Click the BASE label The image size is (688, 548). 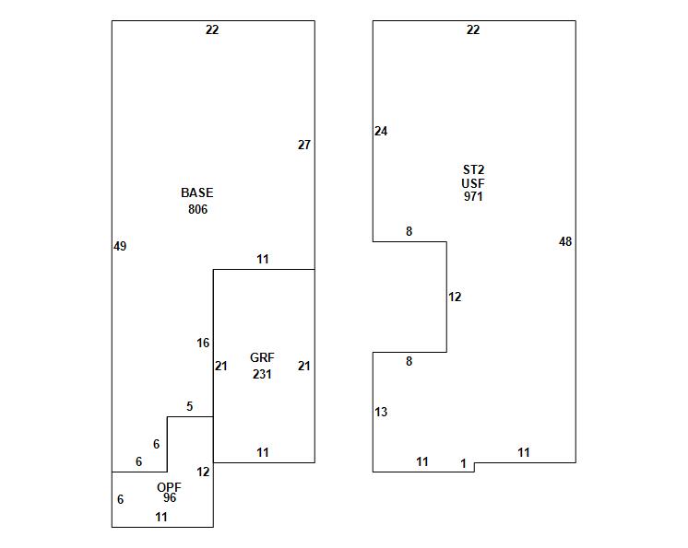pyautogui.click(x=196, y=192)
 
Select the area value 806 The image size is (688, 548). pyautogui.click(x=197, y=209)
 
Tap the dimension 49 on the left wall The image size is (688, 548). pyautogui.click(x=120, y=246)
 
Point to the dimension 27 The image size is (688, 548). pyautogui.click(x=304, y=145)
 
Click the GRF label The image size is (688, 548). pyautogui.click(x=262, y=357)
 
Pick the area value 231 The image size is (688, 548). pyautogui.click(x=262, y=374)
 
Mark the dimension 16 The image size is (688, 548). pyautogui.click(x=203, y=344)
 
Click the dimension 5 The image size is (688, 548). pyautogui.click(x=190, y=406)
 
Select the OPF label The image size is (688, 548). pyautogui.click(x=169, y=487)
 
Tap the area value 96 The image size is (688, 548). pyautogui.click(x=170, y=498)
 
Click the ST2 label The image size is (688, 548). pyautogui.click(x=473, y=169)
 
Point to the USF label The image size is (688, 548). pyautogui.click(x=473, y=183)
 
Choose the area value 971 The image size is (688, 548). pyautogui.click(x=473, y=196)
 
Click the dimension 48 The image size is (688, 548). pyautogui.click(x=565, y=241)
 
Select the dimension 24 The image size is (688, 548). pyautogui.click(x=381, y=131)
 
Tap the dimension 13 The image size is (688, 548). pyautogui.click(x=381, y=412)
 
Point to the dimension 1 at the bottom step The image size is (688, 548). pyautogui.click(x=464, y=464)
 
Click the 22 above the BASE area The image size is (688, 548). pyautogui.click(x=212, y=29)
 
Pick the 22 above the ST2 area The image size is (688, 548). pyautogui.click(x=473, y=29)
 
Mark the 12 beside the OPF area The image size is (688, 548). pyautogui.click(x=203, y=472)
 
